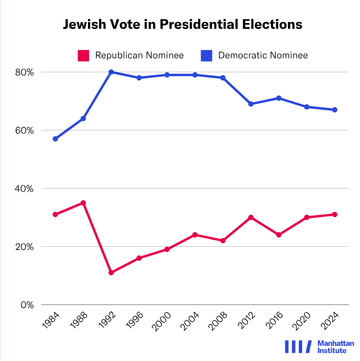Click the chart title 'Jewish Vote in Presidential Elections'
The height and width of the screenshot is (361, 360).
pos(182,24)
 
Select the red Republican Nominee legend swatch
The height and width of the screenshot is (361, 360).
pos(84,55)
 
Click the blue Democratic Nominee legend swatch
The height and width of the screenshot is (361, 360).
pos(207,55)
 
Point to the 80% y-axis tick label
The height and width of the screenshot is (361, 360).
pos(25,72)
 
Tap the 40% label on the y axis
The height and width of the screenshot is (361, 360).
pos(25,189)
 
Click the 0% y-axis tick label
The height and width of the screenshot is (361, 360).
pos(27,305)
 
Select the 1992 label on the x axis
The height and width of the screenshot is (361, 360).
pos(108,322)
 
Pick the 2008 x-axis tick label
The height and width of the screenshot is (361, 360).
pos(219,322)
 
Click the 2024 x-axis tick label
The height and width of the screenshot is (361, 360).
pos(331,322)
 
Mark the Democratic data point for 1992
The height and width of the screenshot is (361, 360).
pos(111,72)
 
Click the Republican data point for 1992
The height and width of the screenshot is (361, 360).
pos(111,272)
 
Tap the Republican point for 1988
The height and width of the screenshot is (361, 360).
pos(83,203)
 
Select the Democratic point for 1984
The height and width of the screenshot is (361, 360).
pos(55,139)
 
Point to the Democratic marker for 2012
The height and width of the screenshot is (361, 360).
pos(251,104)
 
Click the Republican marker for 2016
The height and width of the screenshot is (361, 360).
pos(278,235)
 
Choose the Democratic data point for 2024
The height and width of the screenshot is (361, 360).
pos(334,109)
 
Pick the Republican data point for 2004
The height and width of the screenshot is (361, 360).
pos(195,235)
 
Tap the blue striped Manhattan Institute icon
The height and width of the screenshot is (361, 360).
pos(297,347)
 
